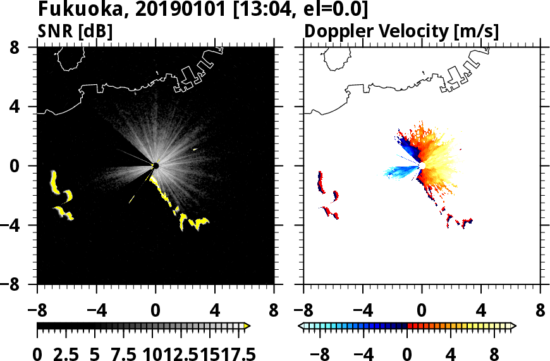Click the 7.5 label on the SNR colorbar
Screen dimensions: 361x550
[121, 354]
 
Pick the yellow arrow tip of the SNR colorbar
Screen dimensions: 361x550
[247, 326]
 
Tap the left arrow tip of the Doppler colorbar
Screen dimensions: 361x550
[301, 326]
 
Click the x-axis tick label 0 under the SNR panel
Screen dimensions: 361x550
[156, 312]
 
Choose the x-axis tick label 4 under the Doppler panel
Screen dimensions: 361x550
[481, 312]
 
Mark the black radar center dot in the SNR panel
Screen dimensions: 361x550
[156, 166]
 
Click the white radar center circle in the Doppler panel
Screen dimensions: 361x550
[422, 166]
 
